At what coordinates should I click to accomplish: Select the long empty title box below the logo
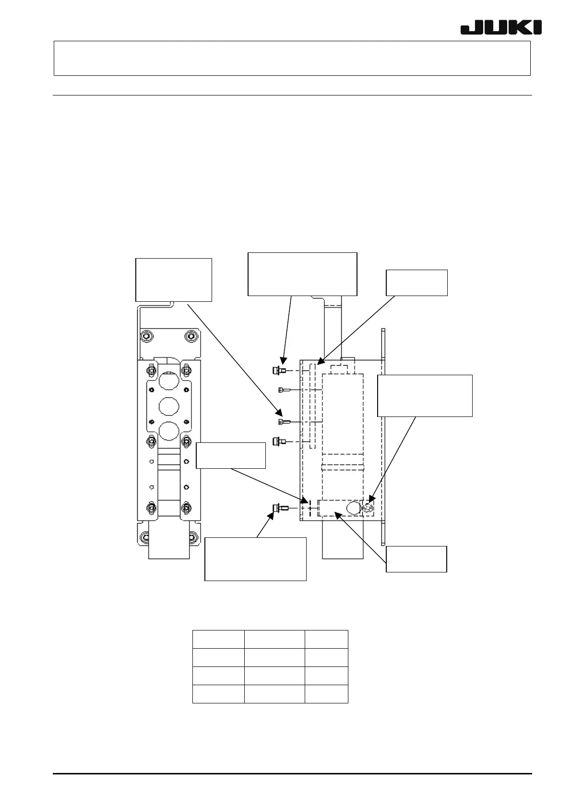tap(292, 58)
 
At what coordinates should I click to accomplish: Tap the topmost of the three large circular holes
tap(168, 382)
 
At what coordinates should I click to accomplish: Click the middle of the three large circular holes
tap(168, 406)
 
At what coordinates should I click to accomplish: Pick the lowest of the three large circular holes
tap(168, 431)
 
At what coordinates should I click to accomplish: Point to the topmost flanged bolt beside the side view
tap(277, 370)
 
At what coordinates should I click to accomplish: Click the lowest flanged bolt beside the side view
tap(277, 508)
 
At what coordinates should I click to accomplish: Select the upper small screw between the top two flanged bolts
tap(282, 390)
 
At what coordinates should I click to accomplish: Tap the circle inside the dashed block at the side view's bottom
tap(353, 507)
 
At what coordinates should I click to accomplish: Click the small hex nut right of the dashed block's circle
tap(368, 507)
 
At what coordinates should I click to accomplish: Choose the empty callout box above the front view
tap(174, 280)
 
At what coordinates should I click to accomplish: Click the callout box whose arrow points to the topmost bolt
tap(302, 274)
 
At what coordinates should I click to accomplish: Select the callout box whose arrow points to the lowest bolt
tap(255, 559)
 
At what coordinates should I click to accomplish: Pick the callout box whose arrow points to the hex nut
tap(425, 395)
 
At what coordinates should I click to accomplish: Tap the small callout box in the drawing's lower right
tap(416, 559)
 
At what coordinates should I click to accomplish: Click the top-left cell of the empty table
tap(218, 639)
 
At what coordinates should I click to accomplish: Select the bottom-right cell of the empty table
tap(326, 694)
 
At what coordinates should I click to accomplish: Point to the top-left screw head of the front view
tap(144, 336)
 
